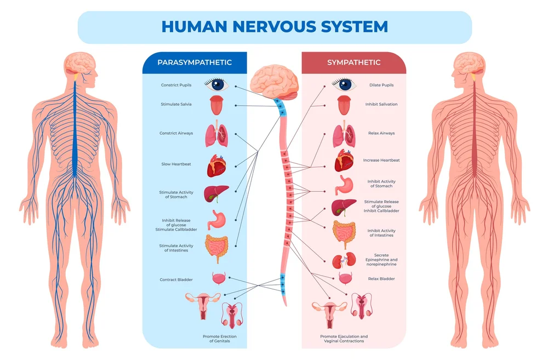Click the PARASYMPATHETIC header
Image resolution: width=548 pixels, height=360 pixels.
(195, 62)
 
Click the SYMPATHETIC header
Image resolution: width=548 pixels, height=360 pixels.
(353, 62)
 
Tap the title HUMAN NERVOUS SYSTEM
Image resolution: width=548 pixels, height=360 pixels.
(275, 26)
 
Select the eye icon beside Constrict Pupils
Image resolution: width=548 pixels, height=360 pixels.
(216, 84)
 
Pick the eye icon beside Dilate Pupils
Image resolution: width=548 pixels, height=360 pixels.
(344, 84)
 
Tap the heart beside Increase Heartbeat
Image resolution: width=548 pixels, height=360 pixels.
(347, 161)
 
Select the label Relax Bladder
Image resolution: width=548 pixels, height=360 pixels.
(381, 279)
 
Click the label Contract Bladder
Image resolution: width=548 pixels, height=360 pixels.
(176, 280)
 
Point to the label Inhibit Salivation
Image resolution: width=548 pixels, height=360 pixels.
(381, 104)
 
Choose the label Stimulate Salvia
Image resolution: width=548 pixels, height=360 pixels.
(176, 104)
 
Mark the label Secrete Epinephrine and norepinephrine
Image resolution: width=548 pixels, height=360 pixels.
(385, 260)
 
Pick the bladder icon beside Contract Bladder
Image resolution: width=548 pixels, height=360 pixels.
(218, 278)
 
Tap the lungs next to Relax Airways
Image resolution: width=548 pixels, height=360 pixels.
(345, 136)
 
